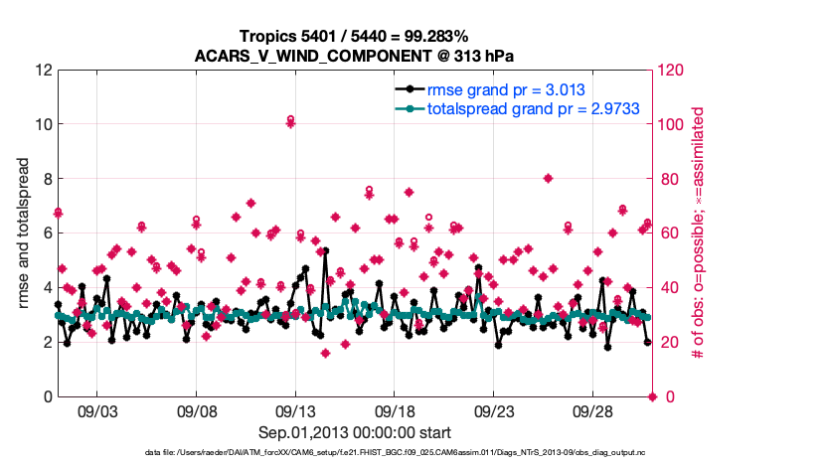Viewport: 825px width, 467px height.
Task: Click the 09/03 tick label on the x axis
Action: coord(96,409)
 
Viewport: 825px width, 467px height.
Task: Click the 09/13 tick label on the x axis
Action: coord(295,409)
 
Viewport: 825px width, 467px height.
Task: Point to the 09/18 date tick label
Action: coord(395,409)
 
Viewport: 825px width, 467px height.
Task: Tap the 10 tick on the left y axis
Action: coord(39,125)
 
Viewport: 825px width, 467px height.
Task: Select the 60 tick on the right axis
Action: coord(669,233)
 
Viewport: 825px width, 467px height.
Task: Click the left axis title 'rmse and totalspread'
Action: coord(24,233)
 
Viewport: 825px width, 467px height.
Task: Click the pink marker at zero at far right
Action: coord(653,396)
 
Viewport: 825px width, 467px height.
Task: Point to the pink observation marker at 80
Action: coord(548,179)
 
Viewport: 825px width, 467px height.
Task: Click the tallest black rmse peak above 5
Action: coord(325,251)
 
